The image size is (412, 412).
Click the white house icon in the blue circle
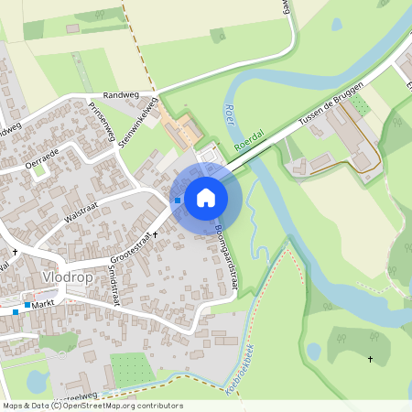pos(206,197)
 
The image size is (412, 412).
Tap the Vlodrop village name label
pos(70,276)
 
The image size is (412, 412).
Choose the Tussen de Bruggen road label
pos(331,108)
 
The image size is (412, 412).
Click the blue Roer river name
pos(226,116)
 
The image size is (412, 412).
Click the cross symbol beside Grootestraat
pos(155,234)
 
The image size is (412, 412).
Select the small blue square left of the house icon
pos(177,201)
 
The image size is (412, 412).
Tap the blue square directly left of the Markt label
pos(28,305)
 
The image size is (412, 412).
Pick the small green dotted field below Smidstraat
pos(128,369)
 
